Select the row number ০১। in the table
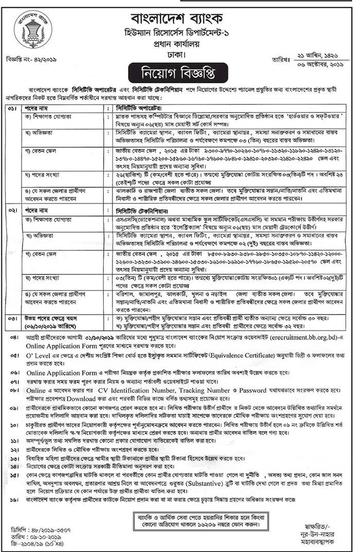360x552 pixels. (x=12, y=109)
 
